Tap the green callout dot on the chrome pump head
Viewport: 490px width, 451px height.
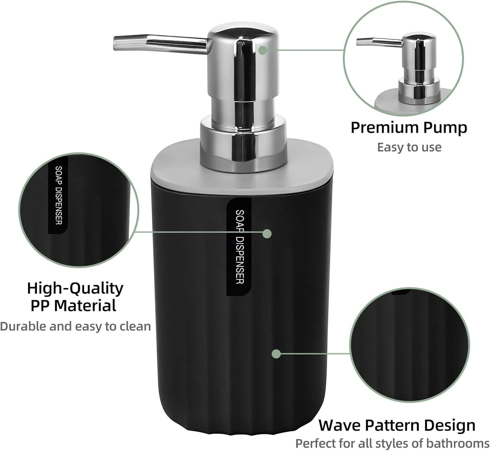[x=263, y=50]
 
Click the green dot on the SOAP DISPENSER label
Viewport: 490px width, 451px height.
[x=267, y=234]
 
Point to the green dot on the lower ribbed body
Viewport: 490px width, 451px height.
[x=277, y=354]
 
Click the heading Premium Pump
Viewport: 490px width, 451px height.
[x=409, y=128]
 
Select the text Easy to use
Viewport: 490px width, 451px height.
[x=409, y=147]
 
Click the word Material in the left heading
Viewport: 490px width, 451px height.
[x=85, y=305]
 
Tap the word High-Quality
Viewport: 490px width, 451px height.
[x=75, y=288]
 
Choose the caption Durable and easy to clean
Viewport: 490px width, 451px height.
[x=76, y=326]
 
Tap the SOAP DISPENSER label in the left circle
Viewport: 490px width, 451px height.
[x=58, y=195]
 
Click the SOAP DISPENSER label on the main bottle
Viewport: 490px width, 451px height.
[x=239, y=247]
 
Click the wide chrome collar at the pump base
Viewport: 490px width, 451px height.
[x=243, y=144]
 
